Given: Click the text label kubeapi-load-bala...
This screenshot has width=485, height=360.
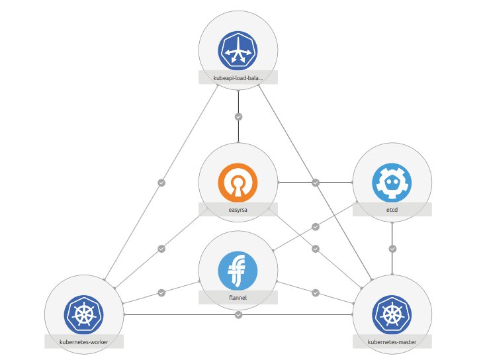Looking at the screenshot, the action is pos(238,77).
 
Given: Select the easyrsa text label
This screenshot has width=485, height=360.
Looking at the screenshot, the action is pos(238,210).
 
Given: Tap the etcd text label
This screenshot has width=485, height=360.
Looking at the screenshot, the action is pos(392,210).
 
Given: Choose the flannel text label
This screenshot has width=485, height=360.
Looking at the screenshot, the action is pos(238,298).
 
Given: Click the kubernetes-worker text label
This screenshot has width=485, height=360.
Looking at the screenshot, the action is pos(84,341).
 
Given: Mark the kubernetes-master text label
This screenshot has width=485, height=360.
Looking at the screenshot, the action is pos(392,341).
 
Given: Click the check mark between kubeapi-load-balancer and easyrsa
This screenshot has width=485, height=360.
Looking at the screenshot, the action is pos(238,116).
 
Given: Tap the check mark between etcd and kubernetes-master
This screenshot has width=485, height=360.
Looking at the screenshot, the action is pos(392,249).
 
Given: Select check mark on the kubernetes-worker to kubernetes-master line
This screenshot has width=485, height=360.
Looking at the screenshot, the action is pos(238,314).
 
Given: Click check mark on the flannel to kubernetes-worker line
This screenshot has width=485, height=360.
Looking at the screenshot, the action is pos(161,292).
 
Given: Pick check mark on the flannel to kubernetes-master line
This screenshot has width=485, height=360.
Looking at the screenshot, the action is pos(316,292).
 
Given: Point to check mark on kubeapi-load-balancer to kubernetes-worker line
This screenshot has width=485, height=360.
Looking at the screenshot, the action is pos(161,182).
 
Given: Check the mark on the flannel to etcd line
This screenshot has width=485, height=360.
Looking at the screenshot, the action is pos(316,227).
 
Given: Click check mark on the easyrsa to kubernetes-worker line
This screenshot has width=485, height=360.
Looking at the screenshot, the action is pos(161,249).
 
